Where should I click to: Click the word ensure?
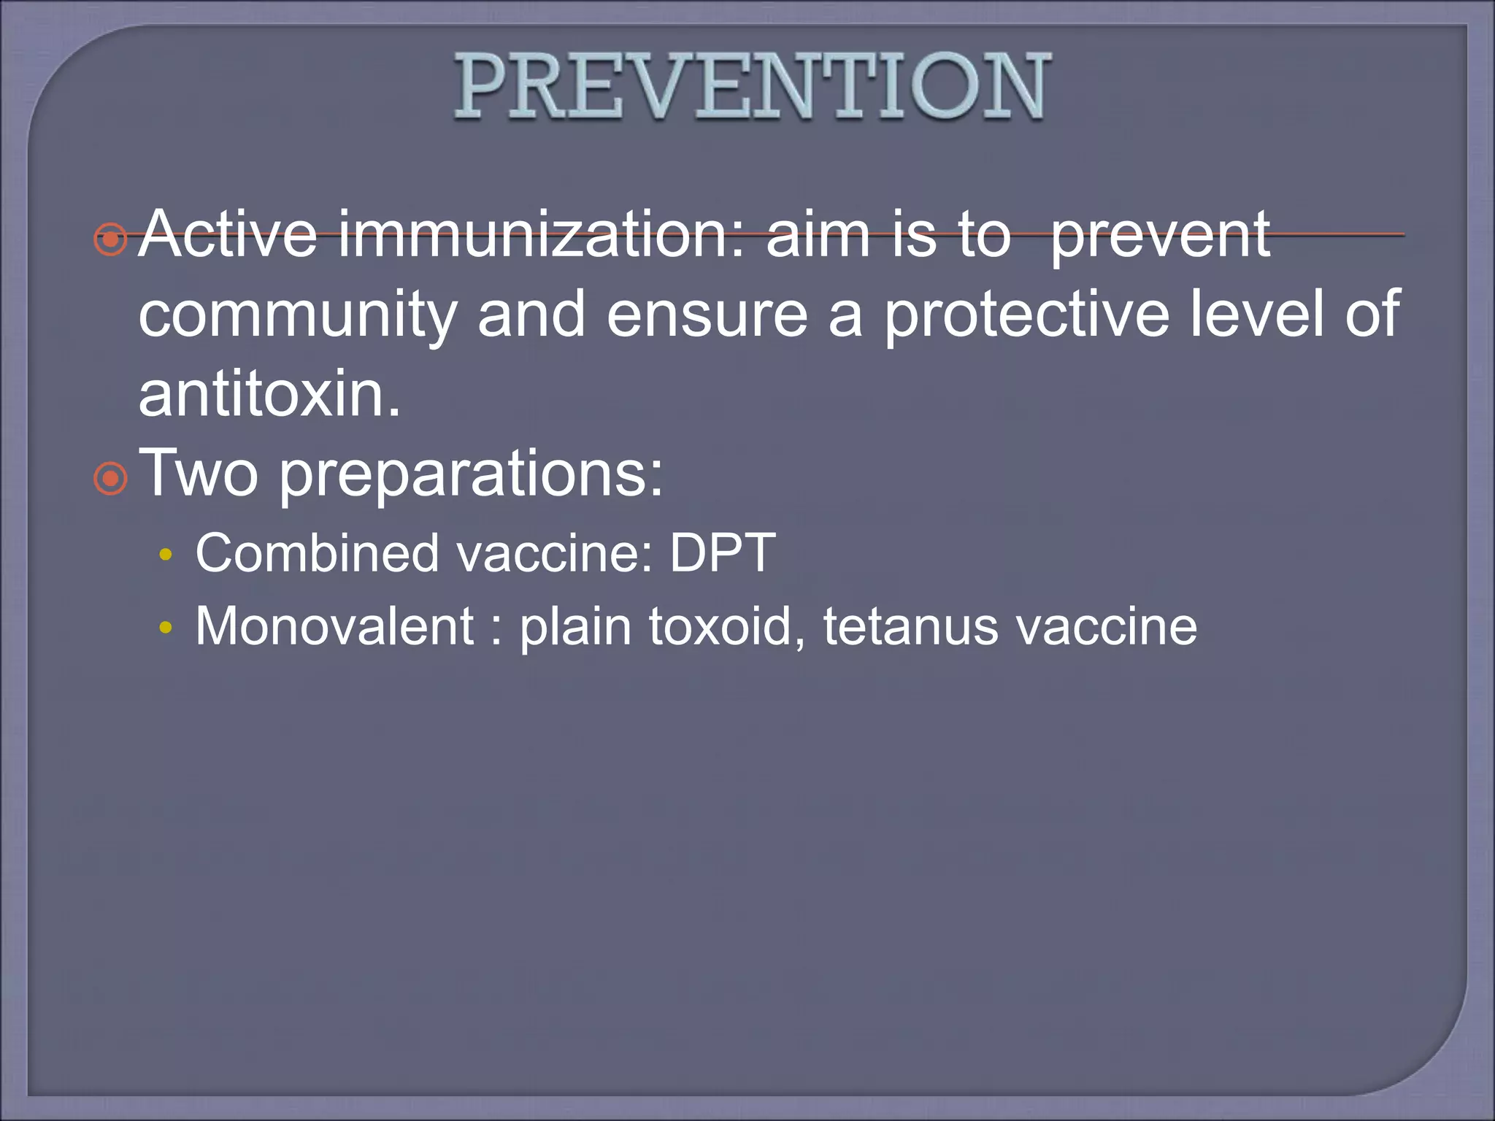707,315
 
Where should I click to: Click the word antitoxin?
269,395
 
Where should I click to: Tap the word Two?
199,474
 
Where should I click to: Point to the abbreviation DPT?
723,553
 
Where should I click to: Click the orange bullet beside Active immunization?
111,239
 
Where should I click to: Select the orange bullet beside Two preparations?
111,479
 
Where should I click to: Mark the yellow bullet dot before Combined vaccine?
166,555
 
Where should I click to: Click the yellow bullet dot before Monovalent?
166,627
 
